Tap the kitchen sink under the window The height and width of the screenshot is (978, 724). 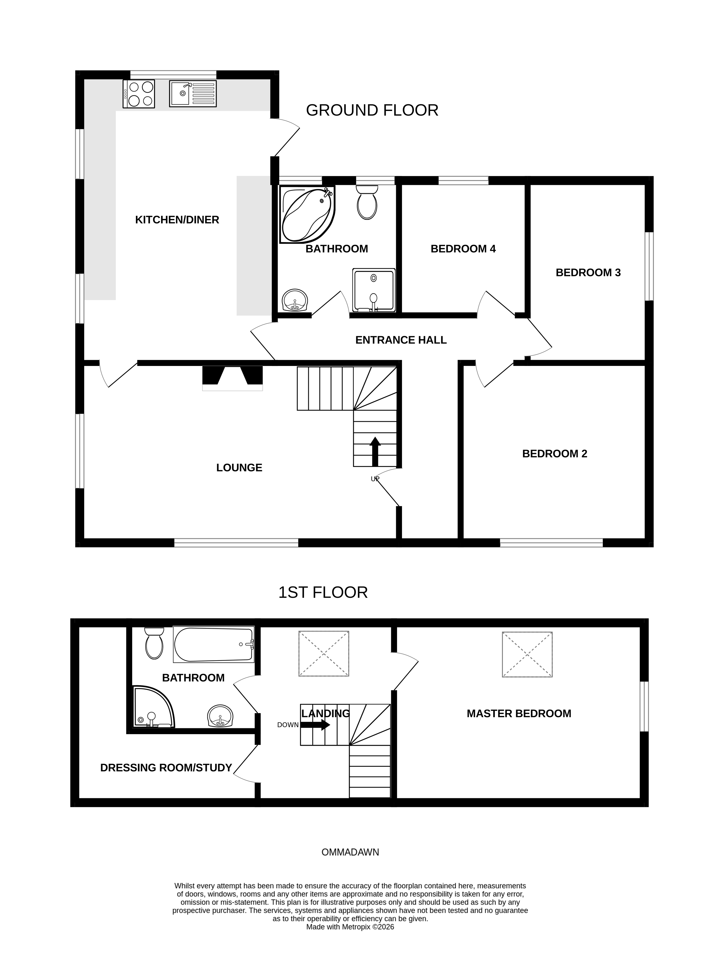point(193,94)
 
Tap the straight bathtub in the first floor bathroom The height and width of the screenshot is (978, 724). point(213,645)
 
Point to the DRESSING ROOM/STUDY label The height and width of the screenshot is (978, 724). point(166,768)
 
